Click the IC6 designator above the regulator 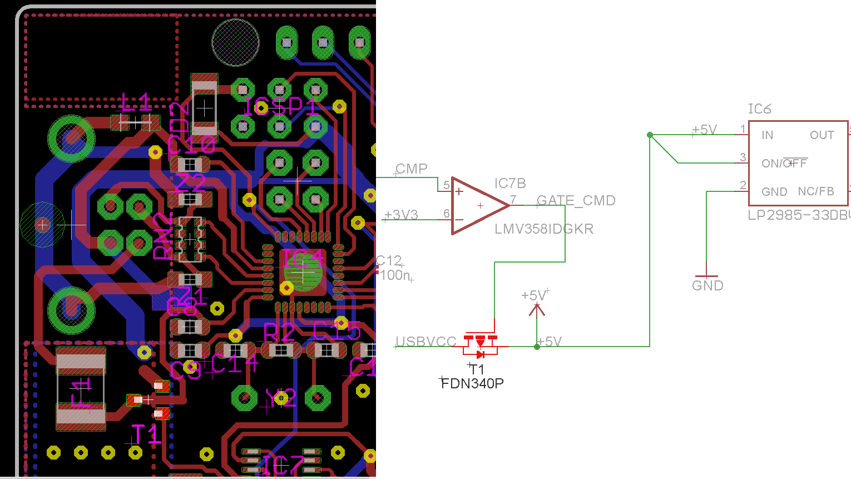pos(759,109)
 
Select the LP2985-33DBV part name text pos(799,215)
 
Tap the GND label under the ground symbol pos(707,286)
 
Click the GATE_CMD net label pos(576,200)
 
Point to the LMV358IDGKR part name pos(544,229)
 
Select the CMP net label pos(412,169)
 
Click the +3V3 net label pos(401,215)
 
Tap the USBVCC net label pos(425,342)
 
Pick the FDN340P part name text pos(472,383)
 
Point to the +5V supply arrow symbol pos(537,309)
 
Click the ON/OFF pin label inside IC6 pos(784,164)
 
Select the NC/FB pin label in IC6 pos(815,191)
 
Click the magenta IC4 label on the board pos(303,259)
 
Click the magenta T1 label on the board pos(145,434)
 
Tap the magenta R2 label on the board pos(279,333)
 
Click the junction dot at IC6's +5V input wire pos(650,135)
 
